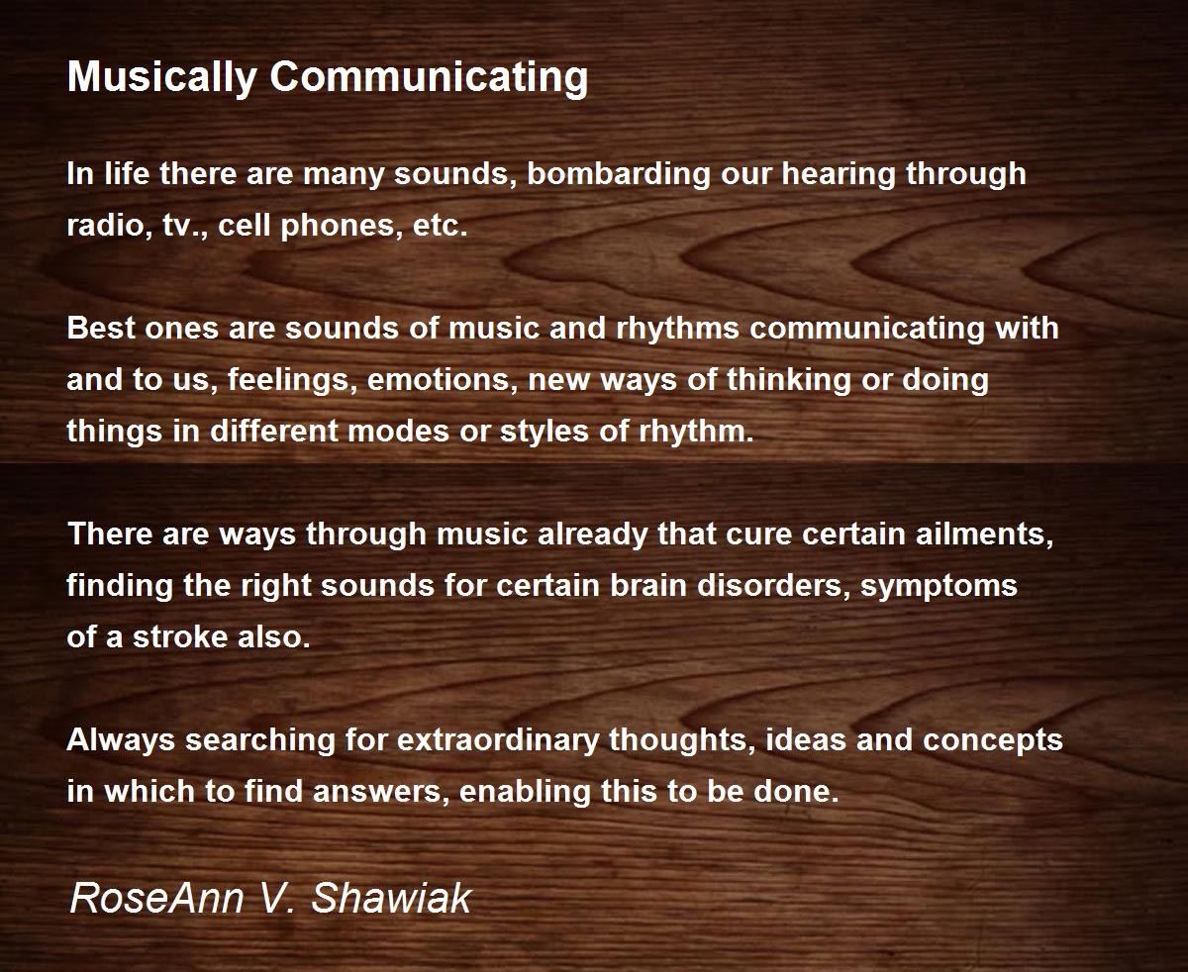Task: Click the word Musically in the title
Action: pos(162,78)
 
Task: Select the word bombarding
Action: pos(619,173)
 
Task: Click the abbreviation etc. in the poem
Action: pos(440,226)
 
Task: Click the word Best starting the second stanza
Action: pos(101,328)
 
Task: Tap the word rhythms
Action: pos(677,329)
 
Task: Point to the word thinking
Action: pos(789,380)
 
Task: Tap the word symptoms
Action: pos(940,587)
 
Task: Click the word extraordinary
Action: pos(498,740)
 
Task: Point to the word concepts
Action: pos(993,741)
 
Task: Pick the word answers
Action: pos(381,792)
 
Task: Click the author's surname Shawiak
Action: pos(391,898)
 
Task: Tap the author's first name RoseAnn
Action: pos(156,898)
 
